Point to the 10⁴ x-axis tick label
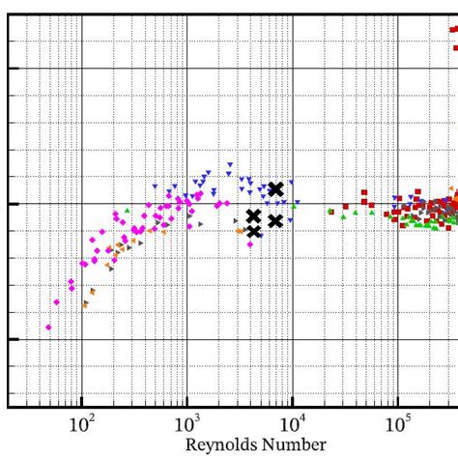pyautogui.click(x=292, y=423)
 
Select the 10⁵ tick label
pyautogui.click(x=397, y=423)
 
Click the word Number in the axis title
pyautogui.click(x=294, y=445)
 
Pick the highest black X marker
pyautogui.click(x=275, y=189)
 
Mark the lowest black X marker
pyautogui.click(x=253, y=231)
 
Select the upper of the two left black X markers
pyautogui.click(x=253, y=216)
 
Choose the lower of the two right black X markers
pyautogui.click(x=275, y=220)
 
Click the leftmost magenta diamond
pyautogui.click(x=48, y=328)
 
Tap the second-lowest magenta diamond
pyautogui.click(x=57, y=302)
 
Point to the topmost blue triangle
pyautogui.click(x=230, y=165)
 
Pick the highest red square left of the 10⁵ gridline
pyautogui.click(x=364, y=192)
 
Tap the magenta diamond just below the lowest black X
pyautogui.click(x=250, y=244)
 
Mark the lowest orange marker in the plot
pyautogui.click(x=85, y=304)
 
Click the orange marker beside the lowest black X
pyautogui.click(x=241, y=231)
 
